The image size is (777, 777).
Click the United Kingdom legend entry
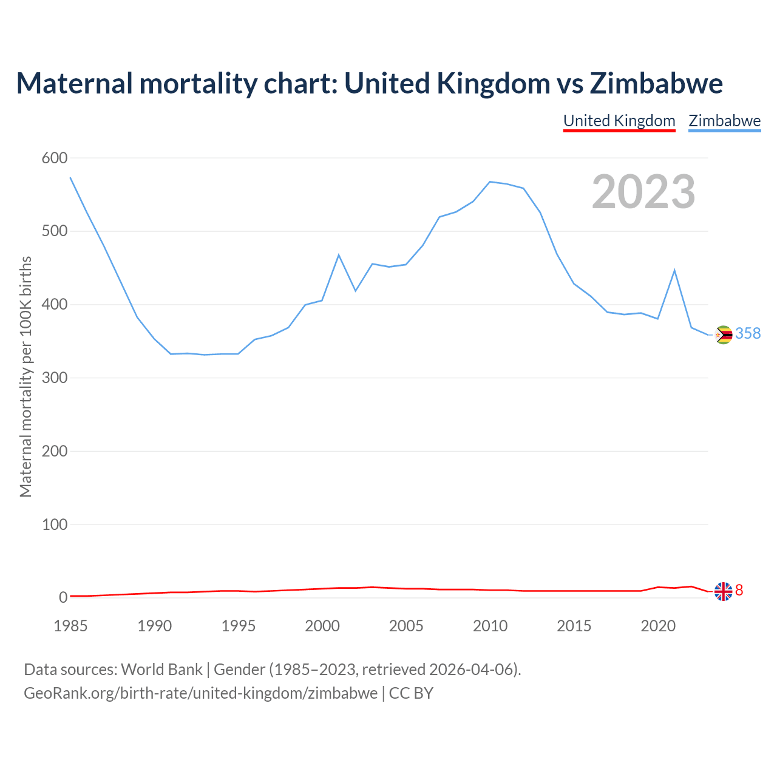click(x=619, y=121)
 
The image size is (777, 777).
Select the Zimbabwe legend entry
click(x=724, y=121)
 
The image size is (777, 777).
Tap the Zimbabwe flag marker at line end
click(x=724, y=334)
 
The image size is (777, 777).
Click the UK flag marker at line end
click(x=723, y=591)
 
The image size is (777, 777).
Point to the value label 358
click(x=748, y=333)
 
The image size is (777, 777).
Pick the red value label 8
click(x=739, y=590)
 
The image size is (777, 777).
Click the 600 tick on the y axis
click(x=55, y=158)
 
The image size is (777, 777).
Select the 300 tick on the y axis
click(x=55, y=378)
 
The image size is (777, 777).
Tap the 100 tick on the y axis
click(x=55, y=524)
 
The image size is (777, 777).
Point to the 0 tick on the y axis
click(x=63, y=597)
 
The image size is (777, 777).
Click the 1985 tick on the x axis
click(x=70, y=626)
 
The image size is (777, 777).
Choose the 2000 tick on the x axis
click(x=322, y=626)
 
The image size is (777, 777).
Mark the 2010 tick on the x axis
click(x=490, y=626)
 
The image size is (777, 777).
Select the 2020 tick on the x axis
click(x=658, y=626)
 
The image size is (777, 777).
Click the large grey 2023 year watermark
click(x=643, y=192)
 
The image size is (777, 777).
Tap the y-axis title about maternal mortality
click(x=25, y=376)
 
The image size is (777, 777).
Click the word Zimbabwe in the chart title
click(x=656, y=83)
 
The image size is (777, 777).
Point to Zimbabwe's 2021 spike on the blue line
click(x=674, y=270)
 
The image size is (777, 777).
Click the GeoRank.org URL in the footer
click(x=200, y=693)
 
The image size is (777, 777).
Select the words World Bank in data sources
click(x=161, y=669)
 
